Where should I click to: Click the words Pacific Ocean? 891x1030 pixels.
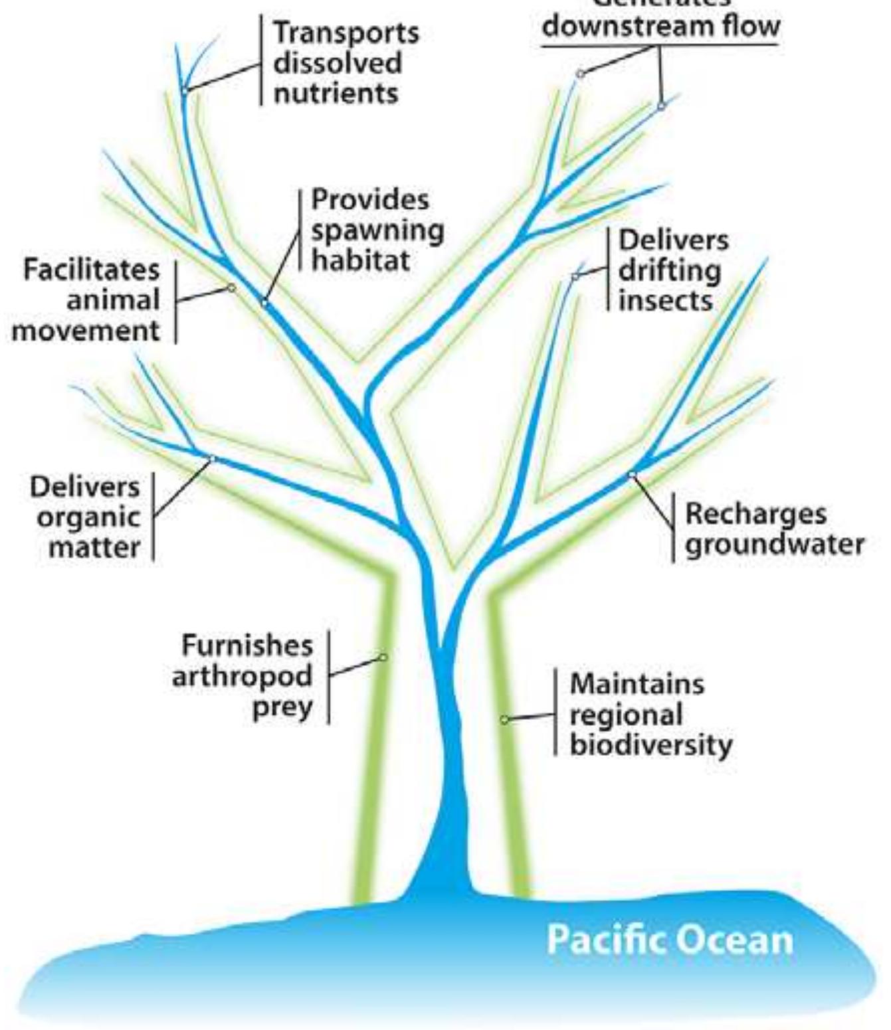click(x=670, y=940)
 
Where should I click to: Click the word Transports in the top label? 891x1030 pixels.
click(x=346, y=33)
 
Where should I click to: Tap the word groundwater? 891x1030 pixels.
click(x=775, y=545)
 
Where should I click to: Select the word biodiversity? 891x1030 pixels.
click(x=651, y=745)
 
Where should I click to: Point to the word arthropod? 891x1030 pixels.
click(x=243, y=677)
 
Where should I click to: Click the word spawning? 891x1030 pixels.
click(x=377, y=230)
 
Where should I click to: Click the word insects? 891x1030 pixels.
click(x=665, y=301)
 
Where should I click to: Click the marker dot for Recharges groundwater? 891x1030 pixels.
click(x=632, y=474)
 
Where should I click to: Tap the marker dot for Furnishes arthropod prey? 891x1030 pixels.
click(x=383, y=657)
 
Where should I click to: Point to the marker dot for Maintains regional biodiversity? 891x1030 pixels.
click(x=504, y=720)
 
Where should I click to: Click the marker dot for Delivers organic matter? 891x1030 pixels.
click(x=213, y=458)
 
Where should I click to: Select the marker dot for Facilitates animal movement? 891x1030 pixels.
click(x=231, y=288)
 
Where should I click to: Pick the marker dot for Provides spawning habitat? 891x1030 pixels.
click(x=264, y=303)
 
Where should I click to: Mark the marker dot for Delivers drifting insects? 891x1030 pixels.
click(x=575, y=276)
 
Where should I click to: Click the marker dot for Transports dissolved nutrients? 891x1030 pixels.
click(x=185, y=91)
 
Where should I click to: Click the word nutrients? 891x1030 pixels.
click(x=336, y=93)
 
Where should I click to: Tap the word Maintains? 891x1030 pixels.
click(x=637, y=684)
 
